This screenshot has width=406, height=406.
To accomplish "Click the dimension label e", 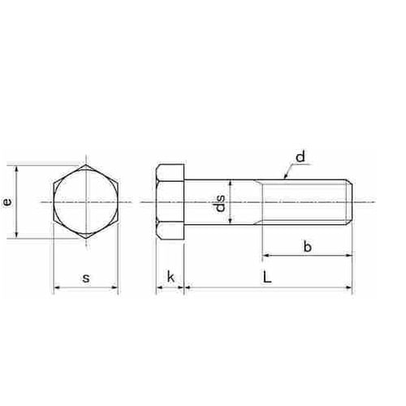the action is [8, 202].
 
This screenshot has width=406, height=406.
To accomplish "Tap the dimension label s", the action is [86, 278].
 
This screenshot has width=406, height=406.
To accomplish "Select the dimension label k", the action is [171, 277].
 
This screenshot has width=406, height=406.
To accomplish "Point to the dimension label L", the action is [267, 277].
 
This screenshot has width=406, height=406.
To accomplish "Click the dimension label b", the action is [308, 246].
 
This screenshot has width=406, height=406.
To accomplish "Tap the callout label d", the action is [300, 157].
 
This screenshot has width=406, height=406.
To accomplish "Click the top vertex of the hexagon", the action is [86, 165].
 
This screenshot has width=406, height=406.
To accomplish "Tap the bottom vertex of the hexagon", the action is [86, 239].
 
